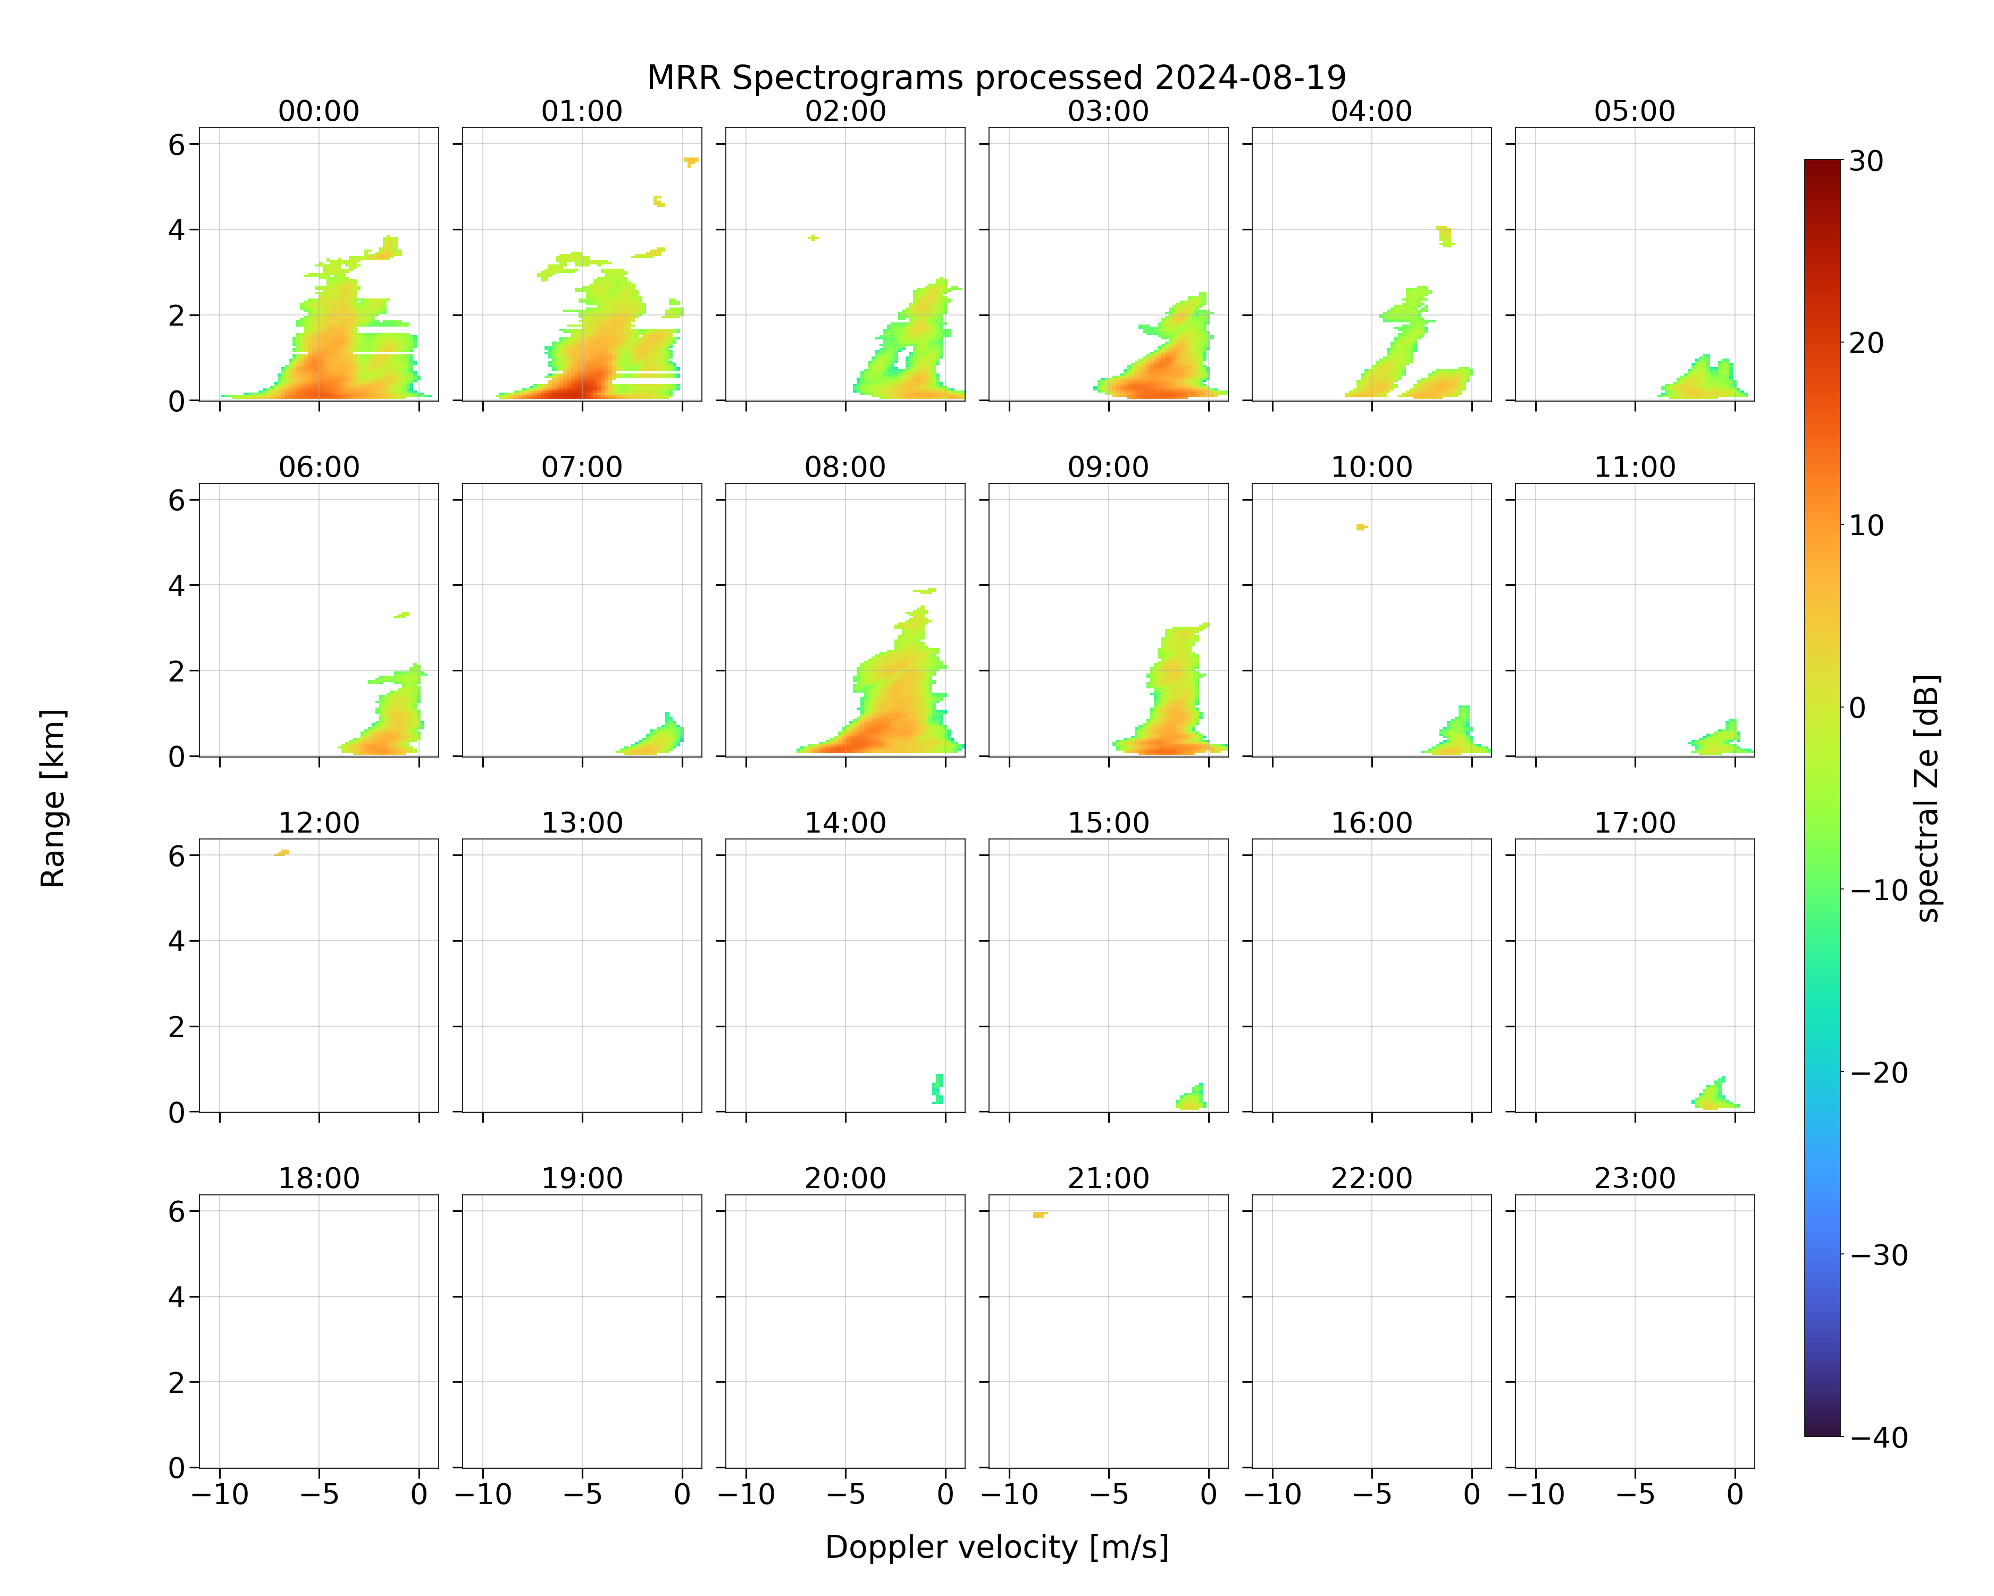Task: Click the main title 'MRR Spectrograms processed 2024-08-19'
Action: (996, 78)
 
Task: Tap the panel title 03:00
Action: (1108, 111)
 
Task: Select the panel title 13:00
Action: (582, 822)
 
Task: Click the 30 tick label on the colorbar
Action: (1866, 161)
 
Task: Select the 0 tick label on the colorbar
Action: (1857, 708)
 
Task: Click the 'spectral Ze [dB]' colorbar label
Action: (1928, 797)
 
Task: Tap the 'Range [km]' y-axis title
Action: (53, 797)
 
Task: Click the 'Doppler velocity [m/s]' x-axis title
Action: (996, 1547)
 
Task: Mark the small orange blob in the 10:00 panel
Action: (1361, 527)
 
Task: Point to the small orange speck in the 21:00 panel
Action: (1040, 1214)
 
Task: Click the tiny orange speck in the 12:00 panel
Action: (282, 852)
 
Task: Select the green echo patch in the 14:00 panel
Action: (938, 1089)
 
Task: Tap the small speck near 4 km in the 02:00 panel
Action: (813, 238)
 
